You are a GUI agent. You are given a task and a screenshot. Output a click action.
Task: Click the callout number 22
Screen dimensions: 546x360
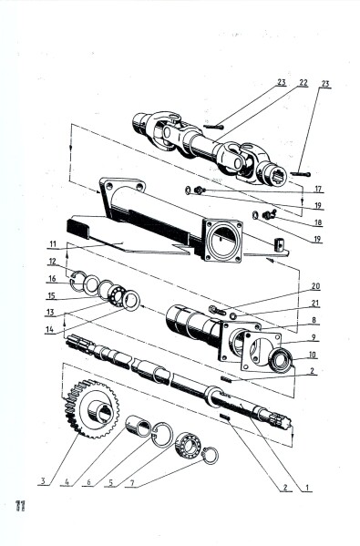303,83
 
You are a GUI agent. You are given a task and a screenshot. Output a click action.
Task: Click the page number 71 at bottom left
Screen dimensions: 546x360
18,506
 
